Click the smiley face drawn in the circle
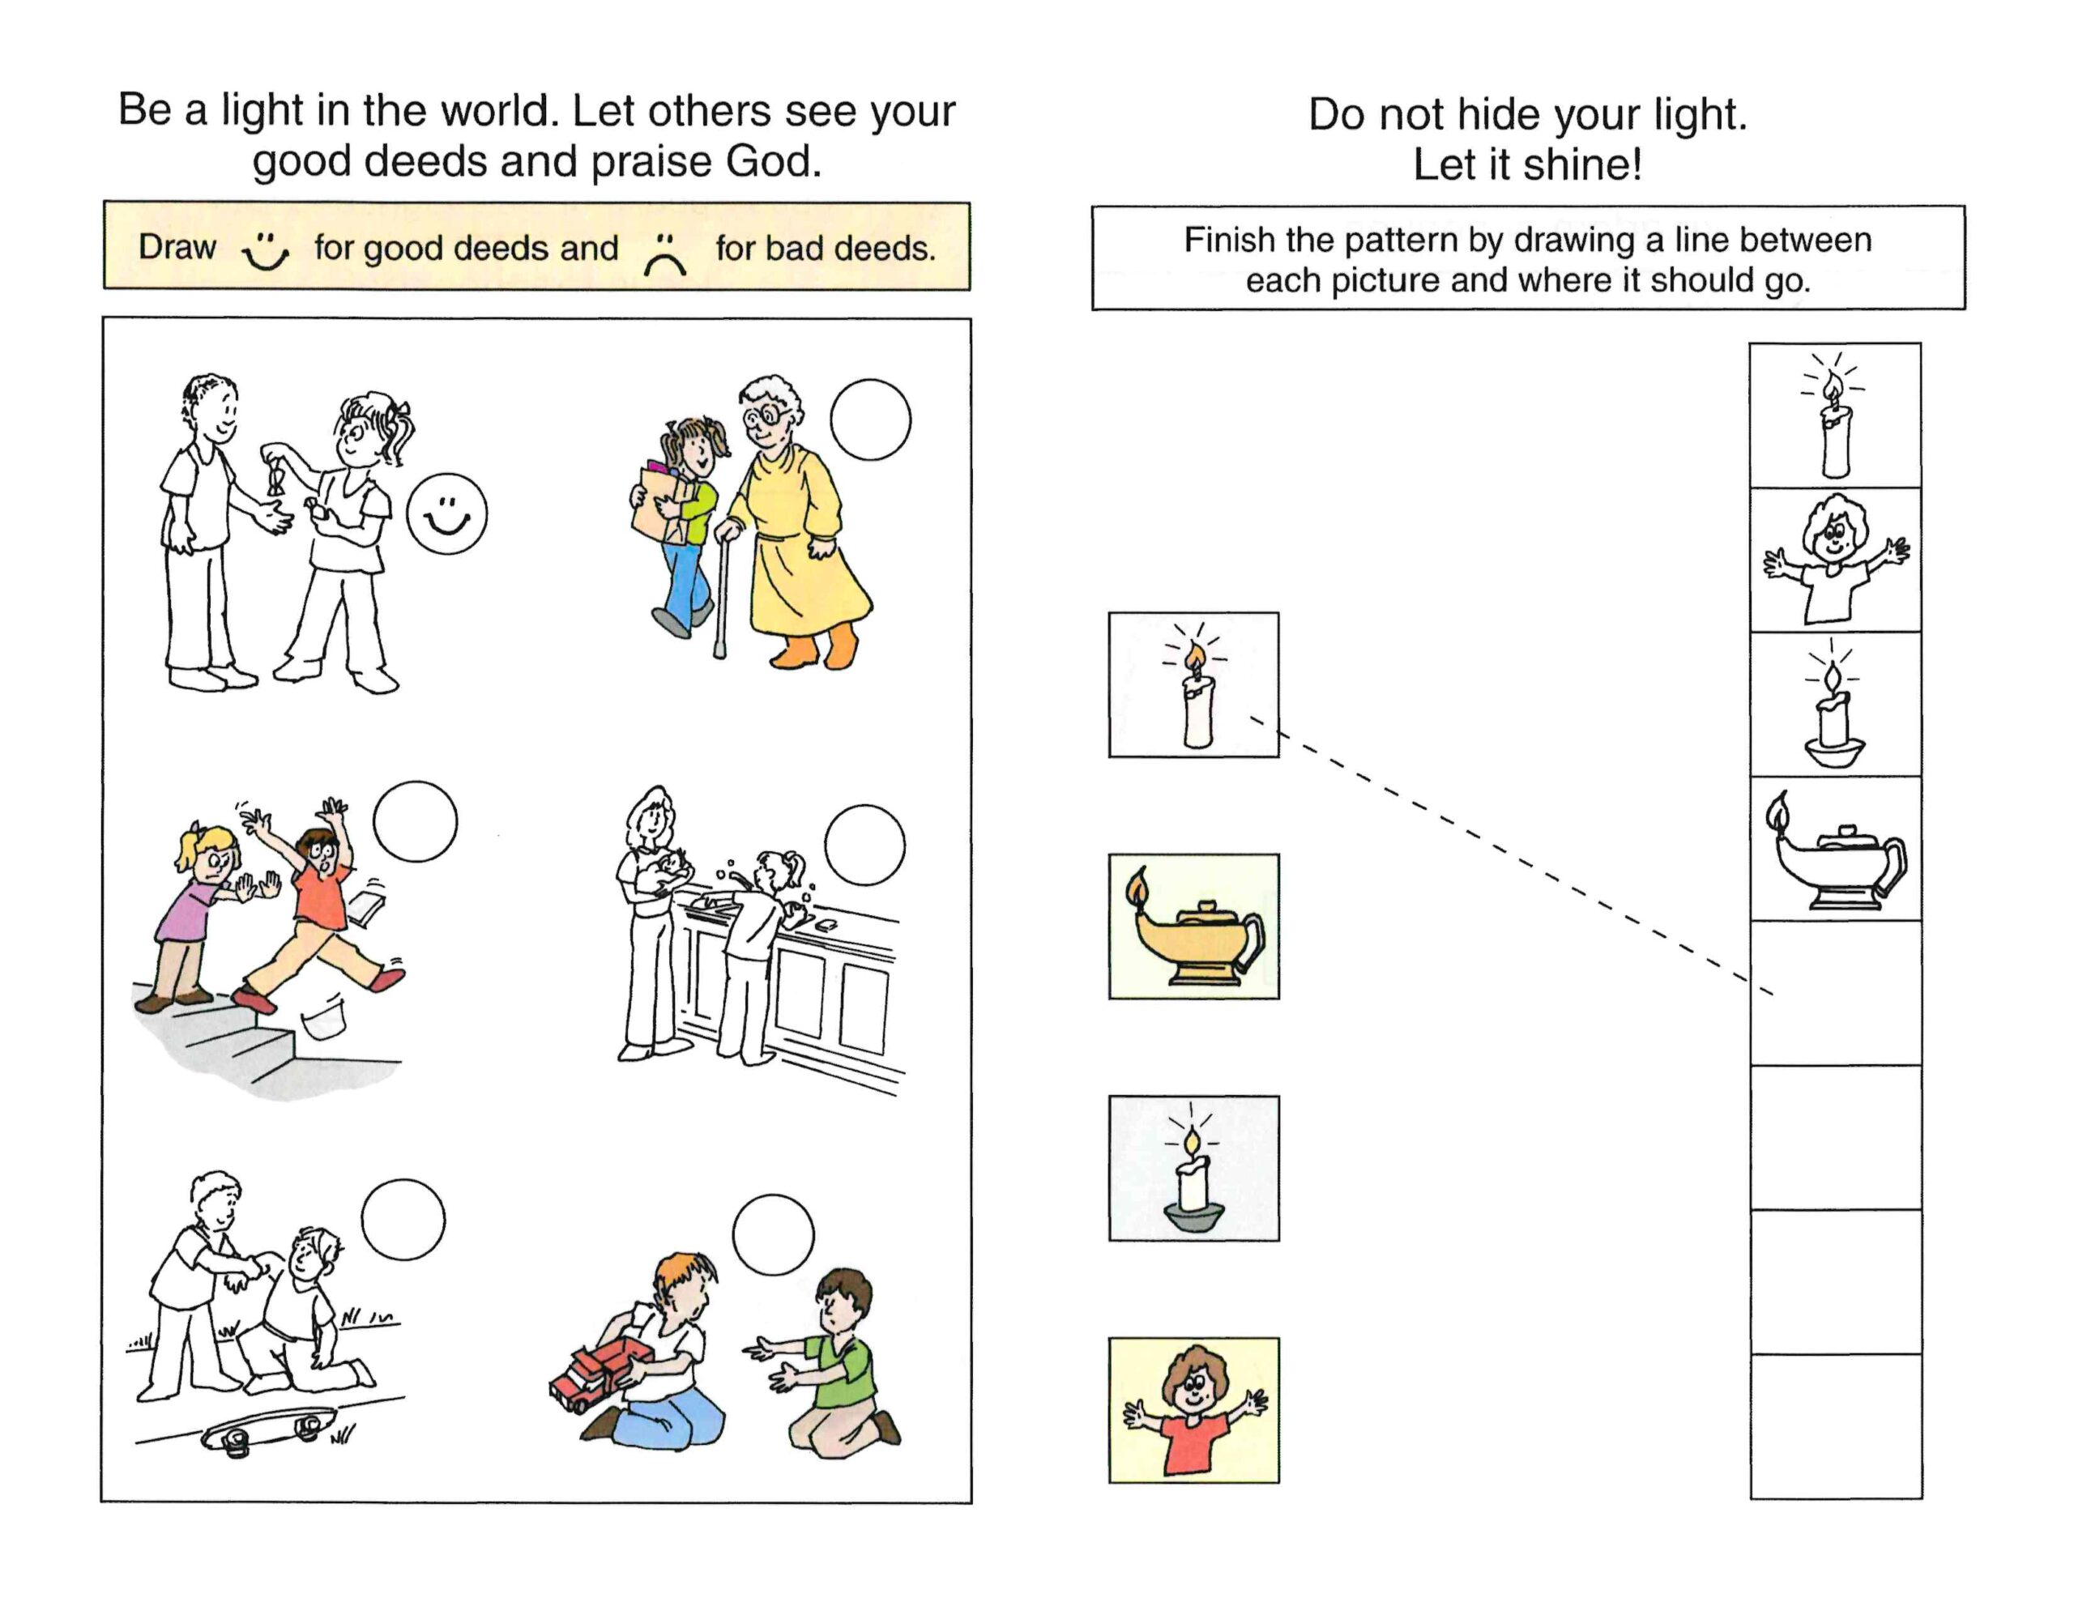[x=446, y=513]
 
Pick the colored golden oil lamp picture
[x=1193, y=926]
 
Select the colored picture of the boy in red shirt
[x=1193, y=1410]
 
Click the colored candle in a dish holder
[x=1193, y=1168]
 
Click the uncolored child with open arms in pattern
[x=1836, y=560]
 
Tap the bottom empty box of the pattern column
[x=1836, y=1426]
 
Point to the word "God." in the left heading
[x=773, y=161]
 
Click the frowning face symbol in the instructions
[x=665, y=254]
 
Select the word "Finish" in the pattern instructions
[x=1230, y=239]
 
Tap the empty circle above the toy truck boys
[x=773, y=1234]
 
